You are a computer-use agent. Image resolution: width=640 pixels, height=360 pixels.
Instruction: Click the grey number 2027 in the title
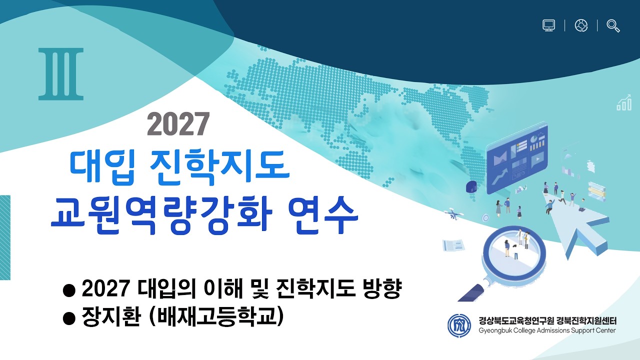pyautogui.click(x=178, y=124)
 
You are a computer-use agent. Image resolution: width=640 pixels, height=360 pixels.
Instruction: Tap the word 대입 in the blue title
pyautogui.click(x=101, y=166)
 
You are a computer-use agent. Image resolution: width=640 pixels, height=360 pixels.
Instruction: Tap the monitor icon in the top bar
pyautogui.click(x=549, y=25)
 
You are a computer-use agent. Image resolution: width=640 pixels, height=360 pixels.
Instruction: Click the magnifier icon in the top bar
pyautogui.click(x=613, y=25)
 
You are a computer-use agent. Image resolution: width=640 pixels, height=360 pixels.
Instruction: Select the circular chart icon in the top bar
pyautogui.click(x=581, y=25)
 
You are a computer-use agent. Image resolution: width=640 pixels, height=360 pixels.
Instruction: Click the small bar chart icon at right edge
pyautogui.click(x=624, y=104)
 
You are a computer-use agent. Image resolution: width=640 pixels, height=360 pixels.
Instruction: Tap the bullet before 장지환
pyautogui.click(x=70, y=317)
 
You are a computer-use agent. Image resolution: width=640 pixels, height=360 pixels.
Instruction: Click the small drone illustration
pyautogui.click(x=454, y=214)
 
